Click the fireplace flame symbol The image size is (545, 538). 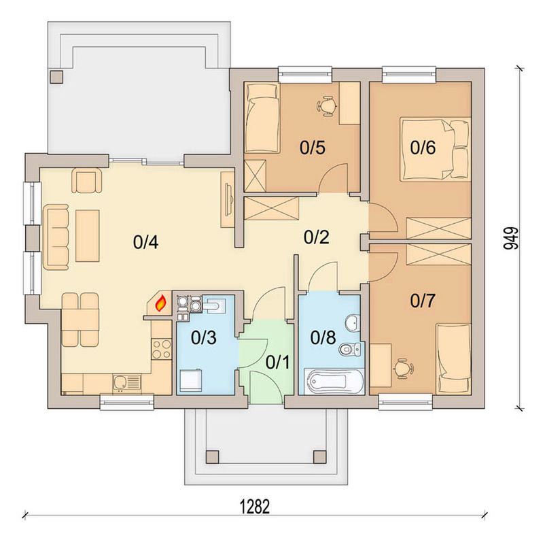(x=160, y=303)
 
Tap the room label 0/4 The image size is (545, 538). (x=145, y=242)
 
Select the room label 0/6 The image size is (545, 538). (x=423, y=148)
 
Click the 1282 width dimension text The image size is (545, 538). (x=255, y=507)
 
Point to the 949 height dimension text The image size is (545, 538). (x=510, y=238)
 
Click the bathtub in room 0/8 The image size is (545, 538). (x=334, y=382)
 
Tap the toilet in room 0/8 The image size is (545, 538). (x=351, y=349)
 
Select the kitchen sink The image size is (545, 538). (x=126, y=384)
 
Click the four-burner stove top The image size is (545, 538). (x=162, y=349)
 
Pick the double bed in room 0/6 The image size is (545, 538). (x=436, y=149)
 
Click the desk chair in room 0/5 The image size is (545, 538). (x=327, y=106)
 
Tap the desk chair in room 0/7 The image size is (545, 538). (x=403, y=368)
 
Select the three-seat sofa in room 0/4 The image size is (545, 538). (x=56, y=237)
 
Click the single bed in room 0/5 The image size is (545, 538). (x=262, y=118)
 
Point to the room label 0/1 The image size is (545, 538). (x=277, y=363)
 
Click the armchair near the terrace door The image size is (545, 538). (x=87, y=180)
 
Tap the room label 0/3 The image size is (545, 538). (x=204, y=337)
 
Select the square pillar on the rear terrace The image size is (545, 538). (x=56, y=77)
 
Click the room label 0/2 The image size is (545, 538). (x=316, y=237)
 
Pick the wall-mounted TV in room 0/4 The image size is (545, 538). (x=228, y=198)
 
